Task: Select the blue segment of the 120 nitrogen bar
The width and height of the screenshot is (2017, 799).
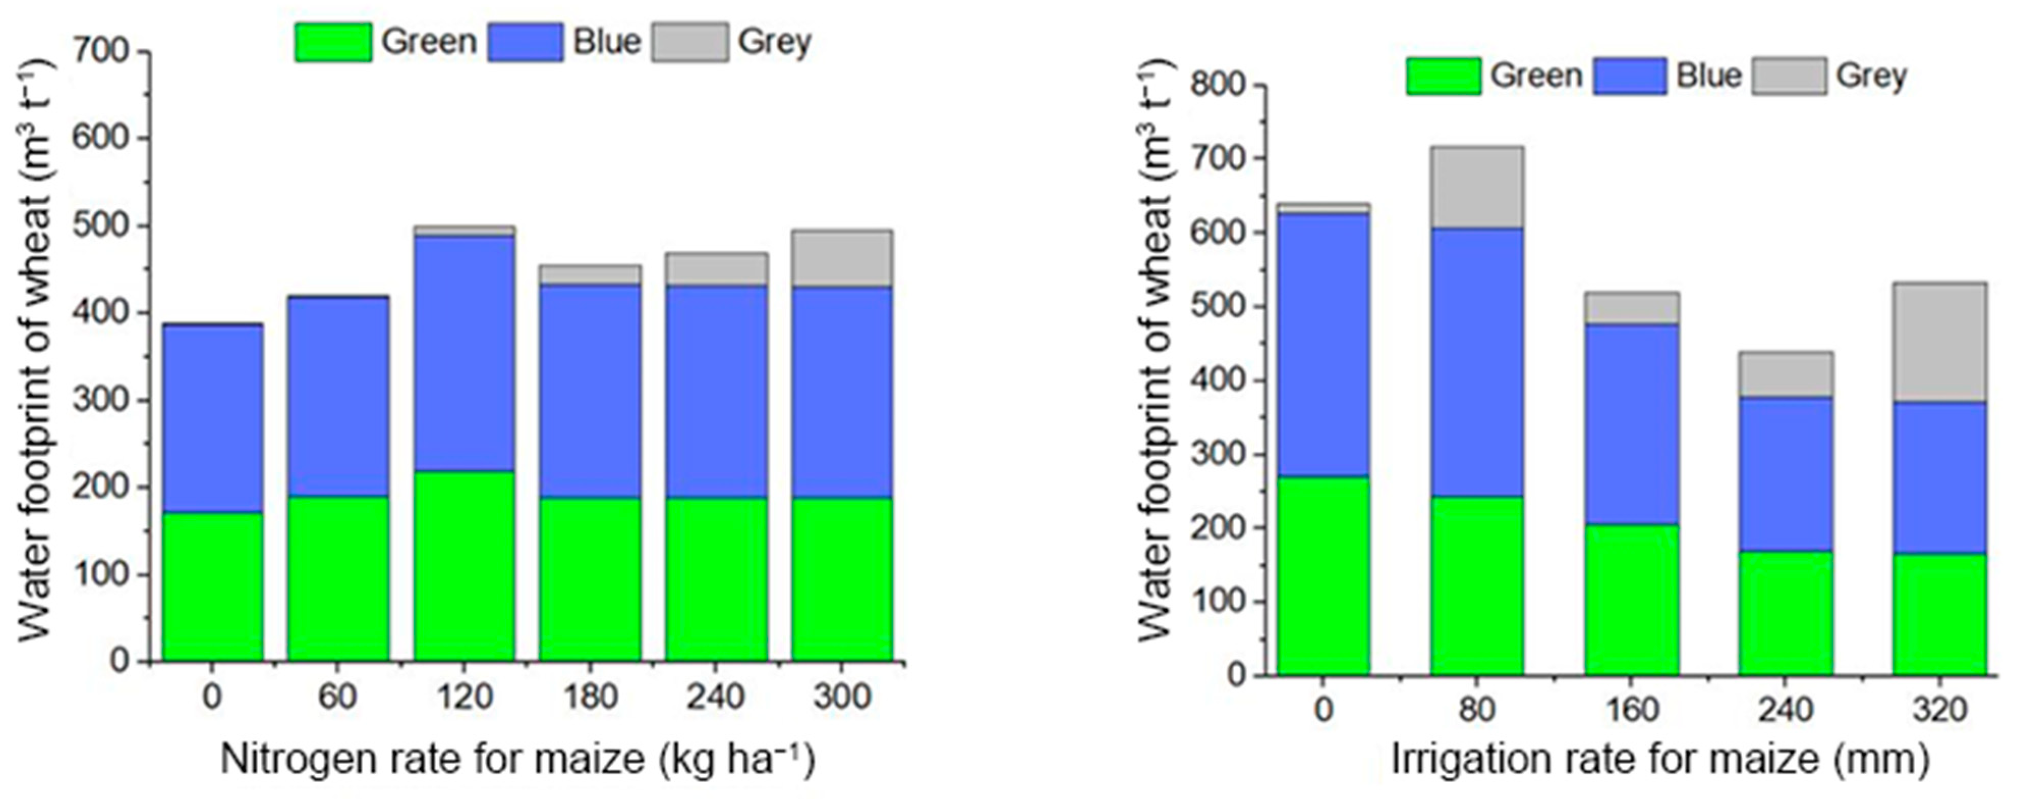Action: pyautogui.click(x=465, y=353)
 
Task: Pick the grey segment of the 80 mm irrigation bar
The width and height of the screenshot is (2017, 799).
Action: pyautogui.click(x=1477, y=188)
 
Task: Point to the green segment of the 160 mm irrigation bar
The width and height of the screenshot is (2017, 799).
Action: pyautogui.click(x=1632, y=600)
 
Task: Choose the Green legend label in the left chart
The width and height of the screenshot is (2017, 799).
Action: pyautogui.click(x=428, y=42)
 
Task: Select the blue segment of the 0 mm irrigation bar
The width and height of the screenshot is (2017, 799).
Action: pyautogui.click(x=1323, y=345)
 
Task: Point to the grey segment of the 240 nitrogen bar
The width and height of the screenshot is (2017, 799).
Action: pyautogui.click(x=716, y=269)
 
